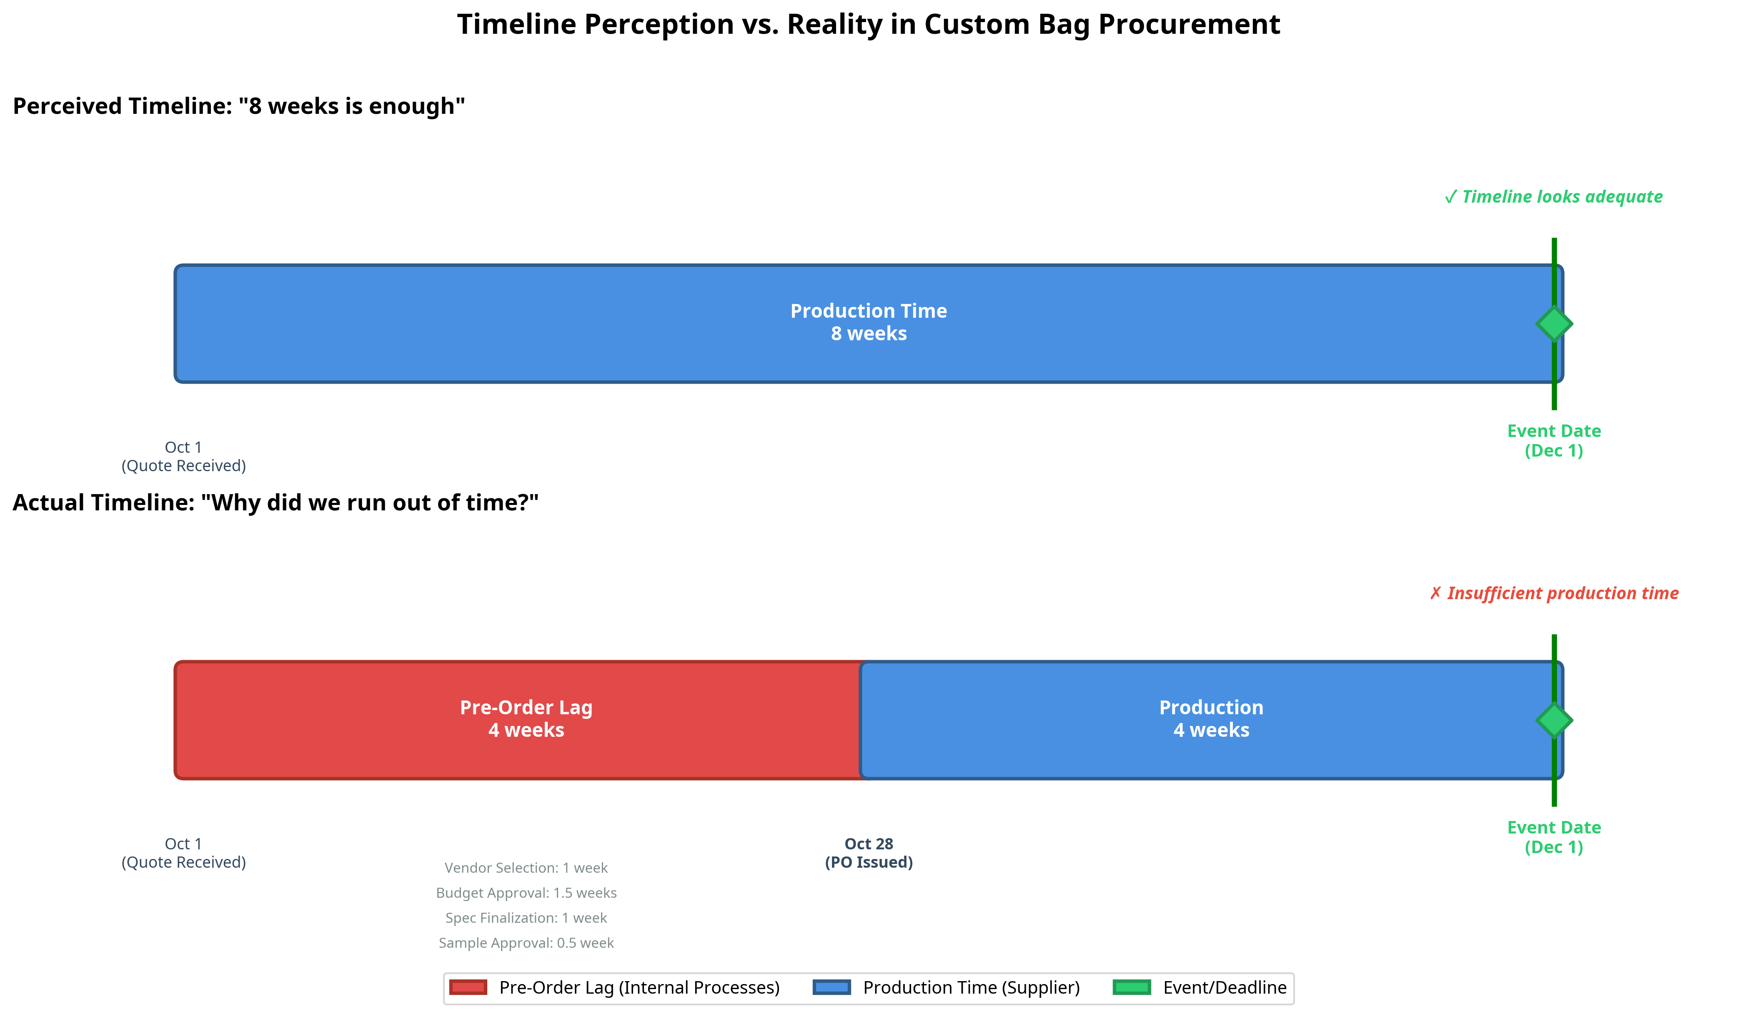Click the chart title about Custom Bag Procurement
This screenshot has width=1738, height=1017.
[x=868, y=25]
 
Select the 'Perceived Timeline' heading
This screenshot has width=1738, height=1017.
[x=239, y=106]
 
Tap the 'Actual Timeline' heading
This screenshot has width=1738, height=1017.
[x=275, y=502]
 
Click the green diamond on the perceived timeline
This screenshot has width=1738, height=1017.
[x=1554, y=324]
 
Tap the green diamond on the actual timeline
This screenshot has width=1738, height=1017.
[x=1554, y=720]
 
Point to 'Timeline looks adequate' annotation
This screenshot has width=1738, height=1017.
[x=1553, y=197]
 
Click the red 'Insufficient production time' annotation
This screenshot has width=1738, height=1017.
[x=1554, y=593]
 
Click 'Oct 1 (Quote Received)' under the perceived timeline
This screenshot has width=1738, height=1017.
[x=183, y=456]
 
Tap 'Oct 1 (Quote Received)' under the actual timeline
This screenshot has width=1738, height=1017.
[x=183, y=853]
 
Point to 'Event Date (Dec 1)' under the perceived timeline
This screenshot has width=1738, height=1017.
[x=1554, y=440]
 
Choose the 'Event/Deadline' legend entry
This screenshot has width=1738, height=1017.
[x=1224, y=987]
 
